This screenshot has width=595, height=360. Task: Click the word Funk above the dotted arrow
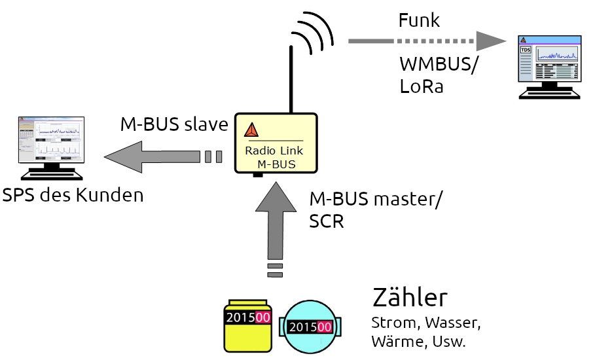(x=419, y=20)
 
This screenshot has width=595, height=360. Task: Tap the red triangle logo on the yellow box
(x=251, y=130)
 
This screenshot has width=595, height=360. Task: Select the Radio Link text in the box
(x=274, y=150)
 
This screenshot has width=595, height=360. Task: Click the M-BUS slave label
(x=173, y=125)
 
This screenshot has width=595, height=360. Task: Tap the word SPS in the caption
(x=19, y=195)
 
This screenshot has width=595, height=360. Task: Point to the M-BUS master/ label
(x=375, y=199)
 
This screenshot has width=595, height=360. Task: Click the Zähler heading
(x=410, y=298)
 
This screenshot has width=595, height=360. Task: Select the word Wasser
(x=453, y=323)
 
